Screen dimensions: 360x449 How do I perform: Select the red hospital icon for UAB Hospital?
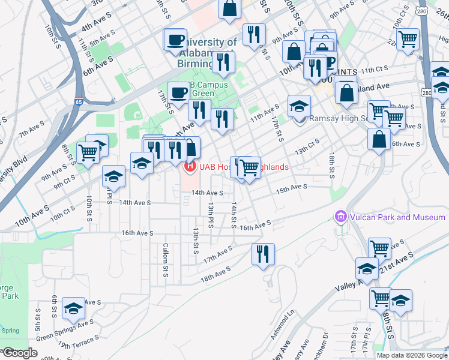[190, 166]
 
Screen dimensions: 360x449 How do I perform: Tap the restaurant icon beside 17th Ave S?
[263, 253]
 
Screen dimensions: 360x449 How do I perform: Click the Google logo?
[20, 353]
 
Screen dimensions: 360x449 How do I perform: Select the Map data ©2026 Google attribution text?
[411, 355]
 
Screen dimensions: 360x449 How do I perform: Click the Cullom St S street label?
[165, 259]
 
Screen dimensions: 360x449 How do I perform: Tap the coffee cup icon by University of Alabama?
[175, 41]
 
